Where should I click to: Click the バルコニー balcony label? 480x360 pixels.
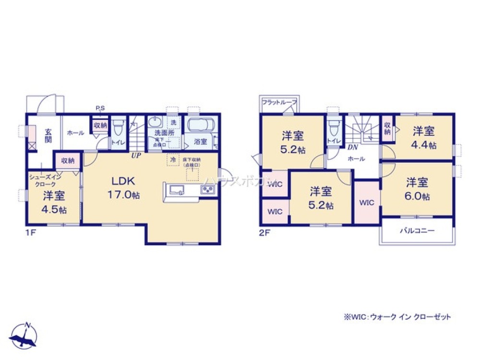417,230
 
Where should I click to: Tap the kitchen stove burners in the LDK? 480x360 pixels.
207,190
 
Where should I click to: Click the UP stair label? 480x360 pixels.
137,156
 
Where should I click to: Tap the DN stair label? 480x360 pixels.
352,147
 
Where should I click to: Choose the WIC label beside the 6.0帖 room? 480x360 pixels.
367,203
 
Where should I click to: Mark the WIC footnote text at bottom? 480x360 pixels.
396,317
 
